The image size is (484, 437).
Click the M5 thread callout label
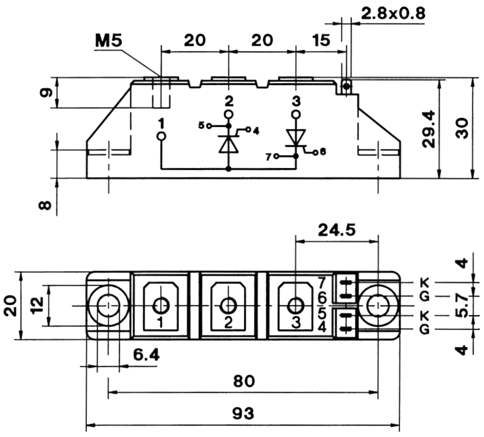(108, 41)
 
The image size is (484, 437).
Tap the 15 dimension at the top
(322, 40)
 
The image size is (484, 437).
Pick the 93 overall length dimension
(243, 414)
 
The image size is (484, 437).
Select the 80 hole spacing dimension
(244, 381)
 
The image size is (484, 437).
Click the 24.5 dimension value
(337, 229)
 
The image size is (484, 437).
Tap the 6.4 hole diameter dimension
(146, 355)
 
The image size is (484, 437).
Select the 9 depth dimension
(46, 93)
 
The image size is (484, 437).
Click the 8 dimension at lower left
(46, 205)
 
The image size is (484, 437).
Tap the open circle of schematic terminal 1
(161, 136)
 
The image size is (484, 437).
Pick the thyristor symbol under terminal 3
(296, 138)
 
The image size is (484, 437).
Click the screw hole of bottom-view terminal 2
(228, 305)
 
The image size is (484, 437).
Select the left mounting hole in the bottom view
(108, 306)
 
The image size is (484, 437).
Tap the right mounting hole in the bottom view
(377, 306)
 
